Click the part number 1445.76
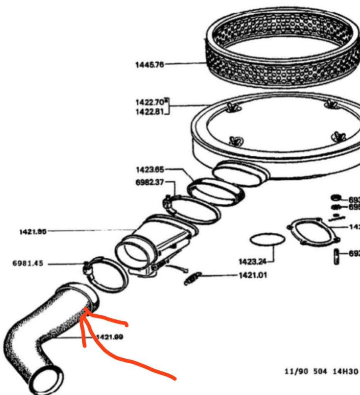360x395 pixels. pos(149,65)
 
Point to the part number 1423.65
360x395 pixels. pos(150,170)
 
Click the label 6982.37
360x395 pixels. pos(150,182)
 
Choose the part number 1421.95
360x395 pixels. pos(33,231)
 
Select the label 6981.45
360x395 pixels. pos(28,264)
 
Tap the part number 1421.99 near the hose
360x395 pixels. pos(110,337)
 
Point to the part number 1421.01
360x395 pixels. pos(253,275)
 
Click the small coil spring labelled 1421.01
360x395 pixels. pos(193,278)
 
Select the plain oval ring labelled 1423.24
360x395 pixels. pos(267,239)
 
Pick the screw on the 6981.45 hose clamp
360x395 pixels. pos(87,267)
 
